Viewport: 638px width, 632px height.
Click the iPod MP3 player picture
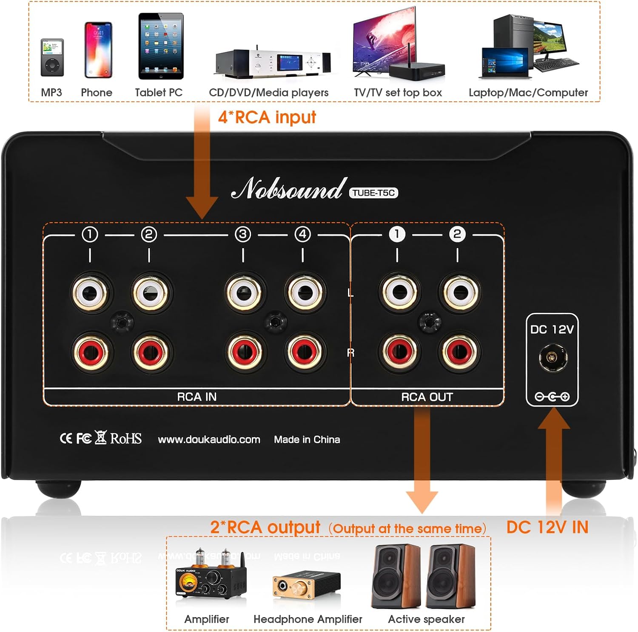52,57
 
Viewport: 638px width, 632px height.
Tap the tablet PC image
161,46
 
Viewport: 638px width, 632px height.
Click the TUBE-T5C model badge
374,193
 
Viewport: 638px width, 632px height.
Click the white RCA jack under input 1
90,293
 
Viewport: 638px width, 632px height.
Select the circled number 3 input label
243,234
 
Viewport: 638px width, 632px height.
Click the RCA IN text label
197,397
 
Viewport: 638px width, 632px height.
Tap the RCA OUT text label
427,397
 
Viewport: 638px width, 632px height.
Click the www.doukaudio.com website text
209,439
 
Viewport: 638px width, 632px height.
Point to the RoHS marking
126,438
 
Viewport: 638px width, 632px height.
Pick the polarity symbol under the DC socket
553,397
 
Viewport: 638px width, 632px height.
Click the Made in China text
307,439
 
